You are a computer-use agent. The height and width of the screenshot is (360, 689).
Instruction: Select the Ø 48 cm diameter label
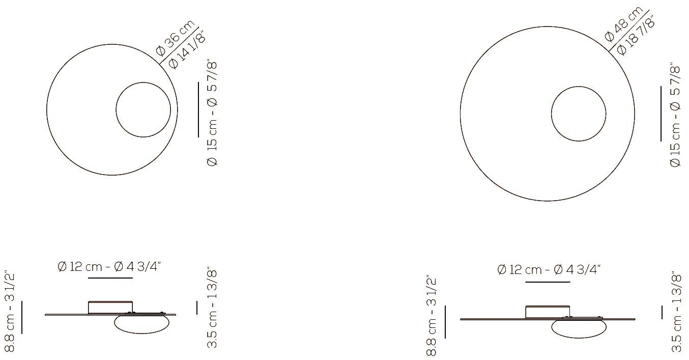[x=624, y=25]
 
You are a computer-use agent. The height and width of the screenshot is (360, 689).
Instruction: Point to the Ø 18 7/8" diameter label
[x=635, y=35]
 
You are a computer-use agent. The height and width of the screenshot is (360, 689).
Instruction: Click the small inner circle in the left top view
[x=143, y=109]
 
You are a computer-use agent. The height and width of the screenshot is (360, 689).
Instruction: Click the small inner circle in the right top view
[x=579, y=113]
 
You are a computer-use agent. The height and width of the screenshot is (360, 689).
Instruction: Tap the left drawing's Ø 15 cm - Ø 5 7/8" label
[x=212, y=113]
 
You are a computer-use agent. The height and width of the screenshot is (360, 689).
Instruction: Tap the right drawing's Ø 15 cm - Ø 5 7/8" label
[x=675, y=116]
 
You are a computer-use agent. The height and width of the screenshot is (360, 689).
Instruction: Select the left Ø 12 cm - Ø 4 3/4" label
[x=110, y=266]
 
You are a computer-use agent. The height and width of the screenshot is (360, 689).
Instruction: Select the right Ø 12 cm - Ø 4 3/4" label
[x=549, y=269]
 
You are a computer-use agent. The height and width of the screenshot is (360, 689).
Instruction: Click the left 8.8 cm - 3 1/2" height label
[x=10, y=312]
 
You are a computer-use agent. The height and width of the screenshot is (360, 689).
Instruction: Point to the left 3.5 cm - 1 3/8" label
[x=213, y=309]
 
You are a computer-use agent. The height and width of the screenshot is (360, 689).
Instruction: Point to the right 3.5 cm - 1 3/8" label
[x=676, y=312]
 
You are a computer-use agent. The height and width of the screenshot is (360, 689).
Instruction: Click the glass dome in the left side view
[x=141, y=324]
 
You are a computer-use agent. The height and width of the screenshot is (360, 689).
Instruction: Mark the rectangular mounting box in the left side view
[x=110, y=307]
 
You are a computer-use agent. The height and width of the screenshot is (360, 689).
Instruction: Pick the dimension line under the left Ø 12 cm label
[x=110, y=278]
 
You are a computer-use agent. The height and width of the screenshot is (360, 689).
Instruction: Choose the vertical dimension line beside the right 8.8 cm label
[x=446, y=322]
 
